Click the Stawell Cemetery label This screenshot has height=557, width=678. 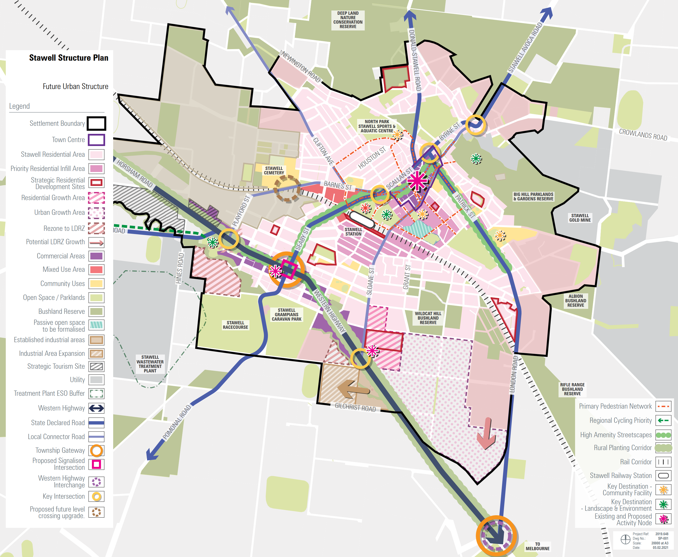274,170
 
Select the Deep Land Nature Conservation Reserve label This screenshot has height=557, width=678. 348,20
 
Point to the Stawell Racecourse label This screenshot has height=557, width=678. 235,325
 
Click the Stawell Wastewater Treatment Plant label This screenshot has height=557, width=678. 150,364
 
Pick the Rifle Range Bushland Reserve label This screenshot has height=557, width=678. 572,389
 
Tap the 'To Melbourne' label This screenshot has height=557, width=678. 537,546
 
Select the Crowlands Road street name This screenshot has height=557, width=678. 643,134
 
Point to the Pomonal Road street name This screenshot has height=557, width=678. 176,422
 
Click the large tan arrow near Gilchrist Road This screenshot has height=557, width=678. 353,389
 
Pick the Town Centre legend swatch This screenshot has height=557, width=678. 96,140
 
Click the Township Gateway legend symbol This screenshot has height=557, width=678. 96,450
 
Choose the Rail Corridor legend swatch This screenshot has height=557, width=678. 663,462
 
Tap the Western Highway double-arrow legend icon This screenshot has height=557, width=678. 96,408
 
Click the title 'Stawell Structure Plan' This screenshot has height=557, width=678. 69,58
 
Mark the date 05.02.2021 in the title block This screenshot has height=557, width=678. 660,548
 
